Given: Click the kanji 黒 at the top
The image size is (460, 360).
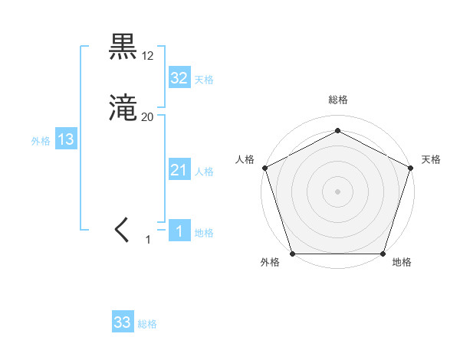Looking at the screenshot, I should pos(124,47).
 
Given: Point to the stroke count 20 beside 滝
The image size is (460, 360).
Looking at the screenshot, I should pos(148,117).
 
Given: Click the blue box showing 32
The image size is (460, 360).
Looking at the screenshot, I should pos(179,78).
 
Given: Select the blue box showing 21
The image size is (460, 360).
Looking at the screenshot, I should pos(179,170).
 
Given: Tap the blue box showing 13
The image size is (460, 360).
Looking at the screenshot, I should pos(65,139).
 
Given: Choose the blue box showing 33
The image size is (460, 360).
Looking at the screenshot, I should pos(123,322).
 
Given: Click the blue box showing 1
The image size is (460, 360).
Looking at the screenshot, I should pos(179,231).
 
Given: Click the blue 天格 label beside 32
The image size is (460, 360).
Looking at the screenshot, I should pos(204,80).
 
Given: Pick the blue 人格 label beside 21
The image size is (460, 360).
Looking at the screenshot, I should pos(204,172).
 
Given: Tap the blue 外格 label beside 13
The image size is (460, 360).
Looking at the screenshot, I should pos(41,141).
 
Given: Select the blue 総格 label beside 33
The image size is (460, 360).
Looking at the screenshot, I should pos(147,324).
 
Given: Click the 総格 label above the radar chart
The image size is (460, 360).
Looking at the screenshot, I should pos(337,100).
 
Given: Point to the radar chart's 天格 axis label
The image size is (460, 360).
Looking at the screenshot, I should pos(431,159).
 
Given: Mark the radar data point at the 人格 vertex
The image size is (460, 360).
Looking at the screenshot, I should pos(264,167).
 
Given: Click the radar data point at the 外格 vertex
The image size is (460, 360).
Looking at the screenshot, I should pos(292,254).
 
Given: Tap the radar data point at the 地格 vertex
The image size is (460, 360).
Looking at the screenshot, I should pos(383,254).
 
